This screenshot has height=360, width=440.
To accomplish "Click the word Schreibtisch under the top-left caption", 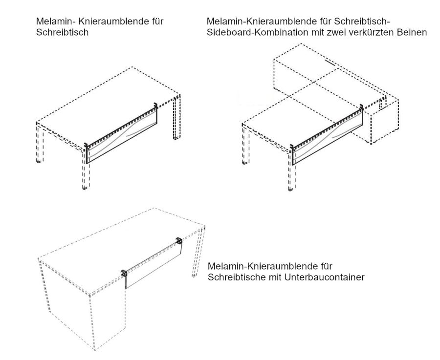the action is [62, 32].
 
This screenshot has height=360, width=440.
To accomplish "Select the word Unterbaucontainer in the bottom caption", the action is [324, 277].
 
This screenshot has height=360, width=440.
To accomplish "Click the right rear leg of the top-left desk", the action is [177, 118].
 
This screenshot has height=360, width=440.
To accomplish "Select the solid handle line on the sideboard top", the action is [329, 62].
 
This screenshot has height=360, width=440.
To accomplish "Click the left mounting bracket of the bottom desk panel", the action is [124, 274].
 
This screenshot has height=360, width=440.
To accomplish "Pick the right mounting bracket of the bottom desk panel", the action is [179, 241].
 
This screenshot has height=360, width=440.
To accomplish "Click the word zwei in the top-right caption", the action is [335, 32].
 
